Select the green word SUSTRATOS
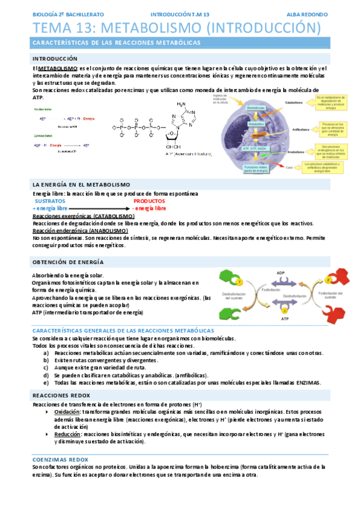[x=50, y=201]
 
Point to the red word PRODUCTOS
[x=149, y=201]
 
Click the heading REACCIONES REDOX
[x=61, y=395]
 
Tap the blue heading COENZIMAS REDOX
[x=60, y=459]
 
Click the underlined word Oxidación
[x=67, y=412]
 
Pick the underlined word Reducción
[x=67, y=433]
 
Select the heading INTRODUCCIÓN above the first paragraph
[x=55, y=59]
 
